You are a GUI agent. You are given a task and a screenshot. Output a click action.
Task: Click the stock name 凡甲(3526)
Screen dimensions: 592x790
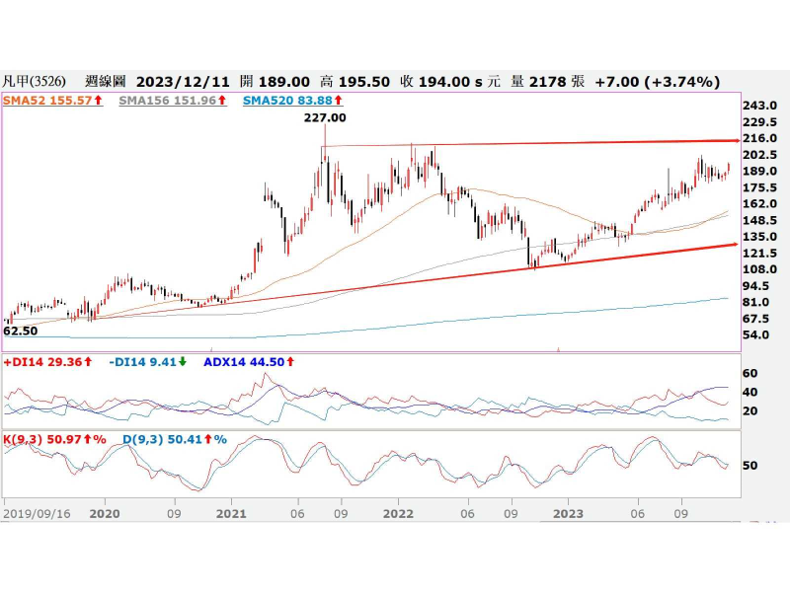pyautogui.click(x=34, y=81)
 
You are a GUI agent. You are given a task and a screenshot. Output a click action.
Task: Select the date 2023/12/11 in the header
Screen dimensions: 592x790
pyautogui.click(x=181, y=81)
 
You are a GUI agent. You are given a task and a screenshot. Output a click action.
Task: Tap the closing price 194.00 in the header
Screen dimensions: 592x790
pyautogui.click(x=450, y=81)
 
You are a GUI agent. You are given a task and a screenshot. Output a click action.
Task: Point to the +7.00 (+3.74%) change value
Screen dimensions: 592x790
pyautogui.click(x=658, y=81)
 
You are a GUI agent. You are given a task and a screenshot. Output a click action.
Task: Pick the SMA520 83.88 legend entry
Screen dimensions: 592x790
pyautogui.click(x=282, y=101)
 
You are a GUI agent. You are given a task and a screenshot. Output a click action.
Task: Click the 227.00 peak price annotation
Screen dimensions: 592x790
pyautogui.click(x=325, y=117)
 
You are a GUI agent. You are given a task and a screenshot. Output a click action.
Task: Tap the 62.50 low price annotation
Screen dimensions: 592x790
pyautogui.click(x=21, y=332)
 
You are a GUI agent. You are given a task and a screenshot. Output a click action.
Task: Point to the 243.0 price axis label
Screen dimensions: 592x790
pyautogui.click(x=760, y=107)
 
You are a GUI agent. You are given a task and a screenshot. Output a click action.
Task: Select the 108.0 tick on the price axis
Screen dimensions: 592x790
pyautogui.click(x=760, y=269)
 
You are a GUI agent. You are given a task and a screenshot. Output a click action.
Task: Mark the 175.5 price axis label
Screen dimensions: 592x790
pyautogui.click(x=760, y=187)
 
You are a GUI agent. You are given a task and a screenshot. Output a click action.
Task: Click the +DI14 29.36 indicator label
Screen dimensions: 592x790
pyautogui.click(x=43, y=362)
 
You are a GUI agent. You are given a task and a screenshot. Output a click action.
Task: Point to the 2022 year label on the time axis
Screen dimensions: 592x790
pyautogui.click(x=398, y=514)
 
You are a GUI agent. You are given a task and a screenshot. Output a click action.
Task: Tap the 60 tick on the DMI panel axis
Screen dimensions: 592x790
pyautogui.click(x=750, y=374)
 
